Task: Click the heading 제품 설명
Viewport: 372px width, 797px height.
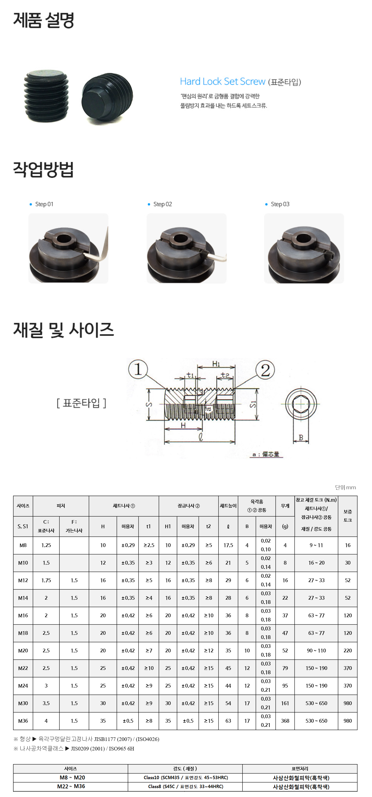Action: point(43,20)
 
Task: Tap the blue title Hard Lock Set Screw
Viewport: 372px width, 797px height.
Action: point(223,81)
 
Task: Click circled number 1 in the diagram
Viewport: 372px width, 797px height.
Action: point(138,369)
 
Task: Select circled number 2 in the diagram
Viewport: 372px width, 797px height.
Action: point(265,370)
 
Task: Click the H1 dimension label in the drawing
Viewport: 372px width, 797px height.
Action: point(216,364)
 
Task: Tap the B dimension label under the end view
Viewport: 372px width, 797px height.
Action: point(301,437)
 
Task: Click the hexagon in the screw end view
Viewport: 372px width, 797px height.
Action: point(301,404)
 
